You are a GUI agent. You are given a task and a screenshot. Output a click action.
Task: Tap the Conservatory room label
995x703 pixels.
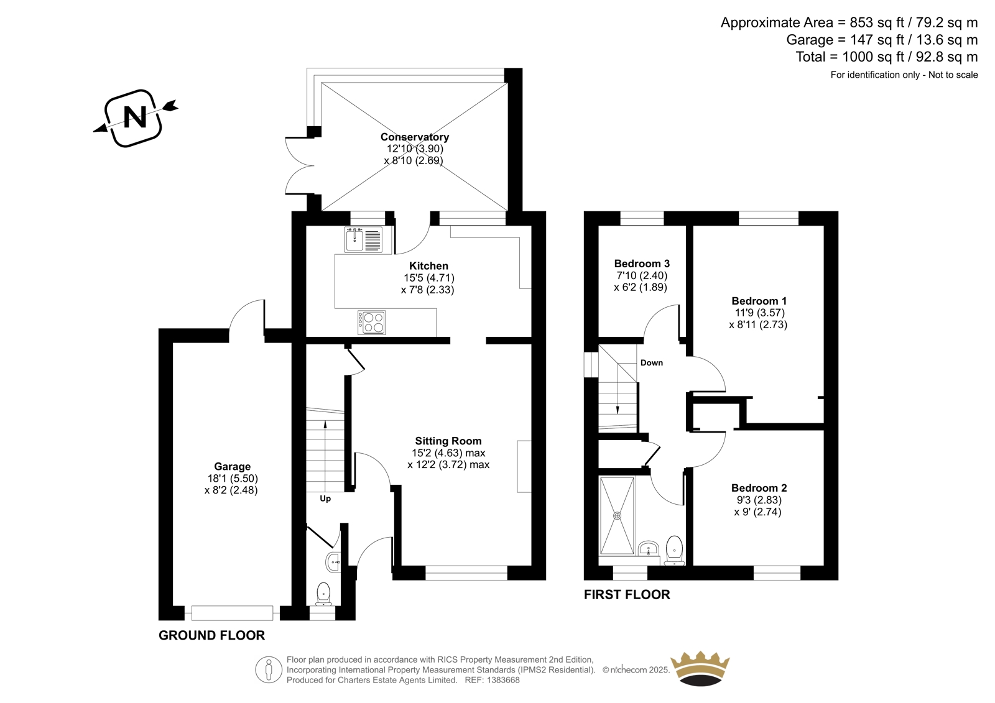(x=414, y=137)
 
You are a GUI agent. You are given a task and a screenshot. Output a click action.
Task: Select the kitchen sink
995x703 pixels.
(x=363, y=240)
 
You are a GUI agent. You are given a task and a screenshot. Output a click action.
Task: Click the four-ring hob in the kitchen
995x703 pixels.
(x=371, y=323)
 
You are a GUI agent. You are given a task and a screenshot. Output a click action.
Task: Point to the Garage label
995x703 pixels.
(x=233, y=466)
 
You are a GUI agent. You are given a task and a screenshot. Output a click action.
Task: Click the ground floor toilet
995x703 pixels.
(x=324, y=594)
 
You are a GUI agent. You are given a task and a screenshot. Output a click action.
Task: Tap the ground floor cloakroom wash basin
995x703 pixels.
(x=333, y=563)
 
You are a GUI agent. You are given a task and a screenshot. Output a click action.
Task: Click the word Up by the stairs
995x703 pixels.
(x=325, y=499)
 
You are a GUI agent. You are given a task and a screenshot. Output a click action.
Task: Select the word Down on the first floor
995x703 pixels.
(x=652, y=363)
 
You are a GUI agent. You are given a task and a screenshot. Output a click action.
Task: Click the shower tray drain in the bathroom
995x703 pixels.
(x=617, y=515)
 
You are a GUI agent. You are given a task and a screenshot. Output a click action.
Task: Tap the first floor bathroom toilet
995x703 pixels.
(x=674, y=551)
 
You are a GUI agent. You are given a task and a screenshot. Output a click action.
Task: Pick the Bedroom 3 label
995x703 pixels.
(x=642, y=264)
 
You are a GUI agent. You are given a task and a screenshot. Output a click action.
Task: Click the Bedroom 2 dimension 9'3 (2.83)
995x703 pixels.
(x=759, y=500)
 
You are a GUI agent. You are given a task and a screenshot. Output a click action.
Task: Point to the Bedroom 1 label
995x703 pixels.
(x=759, y=301)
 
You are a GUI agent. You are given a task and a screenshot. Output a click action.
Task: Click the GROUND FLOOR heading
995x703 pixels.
(x=212, y=635)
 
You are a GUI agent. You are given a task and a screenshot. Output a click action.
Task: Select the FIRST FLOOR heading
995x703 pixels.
(x=627, y=595)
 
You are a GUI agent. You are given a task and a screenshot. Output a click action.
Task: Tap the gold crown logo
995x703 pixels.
(x=700, y=668)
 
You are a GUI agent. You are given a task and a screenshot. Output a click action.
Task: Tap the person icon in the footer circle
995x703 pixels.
(x=268, y=669)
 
